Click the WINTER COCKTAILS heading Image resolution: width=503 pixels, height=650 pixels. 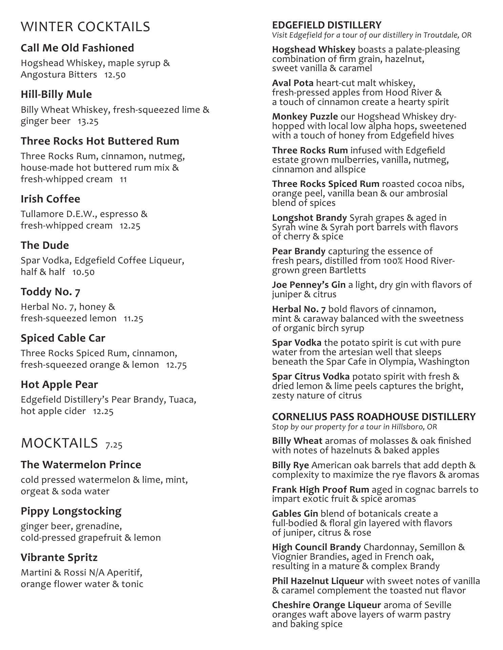click(x=85, y=27)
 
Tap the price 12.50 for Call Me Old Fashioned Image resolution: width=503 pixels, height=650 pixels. click(x=115, y=75)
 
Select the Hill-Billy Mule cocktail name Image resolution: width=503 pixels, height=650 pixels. click(x=56, y=94)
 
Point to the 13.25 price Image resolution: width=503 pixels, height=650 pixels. click(x=88, y=121)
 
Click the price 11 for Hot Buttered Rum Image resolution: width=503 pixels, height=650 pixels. click(x=123, y=179)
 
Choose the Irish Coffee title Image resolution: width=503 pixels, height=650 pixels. click(x=51, y=199)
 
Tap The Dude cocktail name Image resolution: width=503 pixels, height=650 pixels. click(x=45, y=245)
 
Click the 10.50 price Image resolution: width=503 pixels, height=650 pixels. click(x=83, y=272)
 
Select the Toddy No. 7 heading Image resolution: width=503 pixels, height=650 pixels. click(x=51, y=291)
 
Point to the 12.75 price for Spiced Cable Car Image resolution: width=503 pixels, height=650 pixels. click(x=176, y=365)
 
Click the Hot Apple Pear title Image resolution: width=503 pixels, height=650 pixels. click(x=59, y=384)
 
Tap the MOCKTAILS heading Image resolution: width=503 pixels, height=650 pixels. click(x=59, y=443)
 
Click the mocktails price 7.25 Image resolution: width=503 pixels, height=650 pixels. click(x=114, y=445)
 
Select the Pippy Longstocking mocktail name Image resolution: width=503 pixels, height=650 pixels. click(x=71, y=511)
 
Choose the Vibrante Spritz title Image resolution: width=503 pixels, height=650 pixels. click(x=59, y=557)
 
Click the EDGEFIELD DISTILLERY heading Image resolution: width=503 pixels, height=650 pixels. click(x=327, y=25)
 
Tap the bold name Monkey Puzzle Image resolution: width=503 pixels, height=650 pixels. click(x=305, y=117)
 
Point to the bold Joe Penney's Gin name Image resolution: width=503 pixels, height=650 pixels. click(x=309, y=285)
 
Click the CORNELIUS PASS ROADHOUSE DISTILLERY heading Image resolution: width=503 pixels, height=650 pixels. click(x=374, y=416)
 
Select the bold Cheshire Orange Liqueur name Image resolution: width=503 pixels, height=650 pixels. click(x=326, y=605)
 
